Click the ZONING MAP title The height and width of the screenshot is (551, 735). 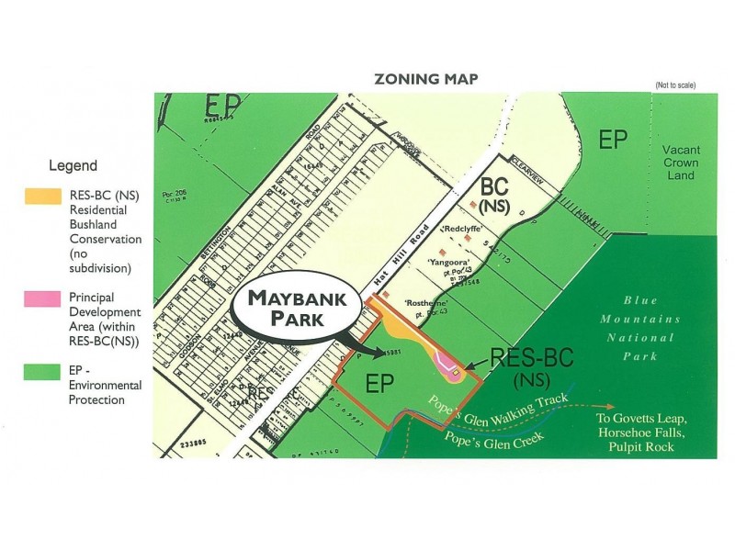424,79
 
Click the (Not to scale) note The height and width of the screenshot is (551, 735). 674,85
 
